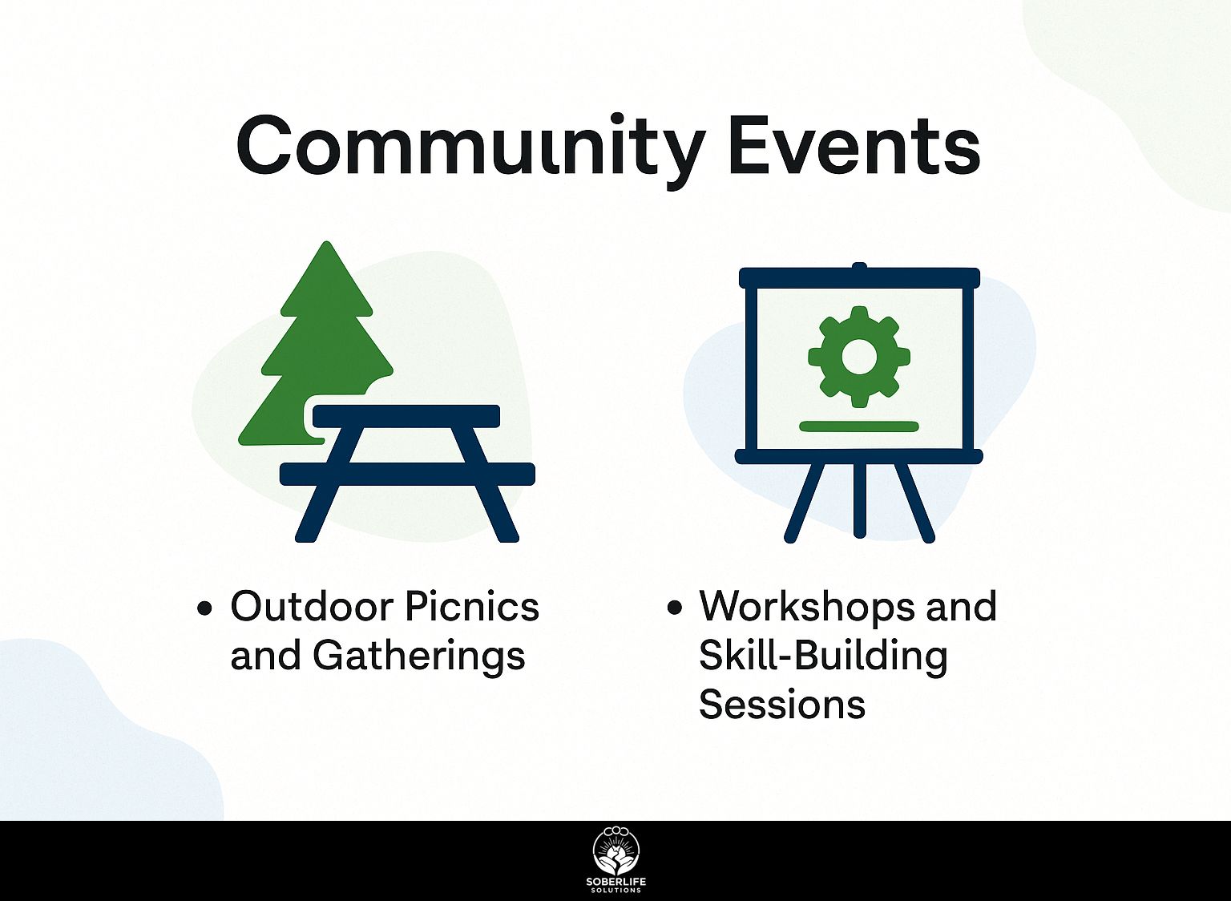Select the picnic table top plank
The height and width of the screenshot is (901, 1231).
[406, 416]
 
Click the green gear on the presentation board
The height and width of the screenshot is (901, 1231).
[859, 357]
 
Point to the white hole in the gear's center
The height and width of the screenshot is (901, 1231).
[859, 357]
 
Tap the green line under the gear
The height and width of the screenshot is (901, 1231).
[859, 426]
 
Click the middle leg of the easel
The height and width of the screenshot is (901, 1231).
[860, 500]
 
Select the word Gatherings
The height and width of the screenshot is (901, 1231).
[419, 657]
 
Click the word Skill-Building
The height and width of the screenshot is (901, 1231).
[823, 657]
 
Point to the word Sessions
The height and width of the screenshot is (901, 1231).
[782, 705]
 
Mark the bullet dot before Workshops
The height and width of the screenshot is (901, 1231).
[674, 608]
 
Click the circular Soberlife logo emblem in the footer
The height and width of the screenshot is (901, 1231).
[616, 850]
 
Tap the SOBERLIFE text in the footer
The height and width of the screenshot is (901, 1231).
[616, 882]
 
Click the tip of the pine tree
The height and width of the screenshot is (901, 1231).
[328, 242]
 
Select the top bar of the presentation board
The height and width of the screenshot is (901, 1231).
[859, 277]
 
